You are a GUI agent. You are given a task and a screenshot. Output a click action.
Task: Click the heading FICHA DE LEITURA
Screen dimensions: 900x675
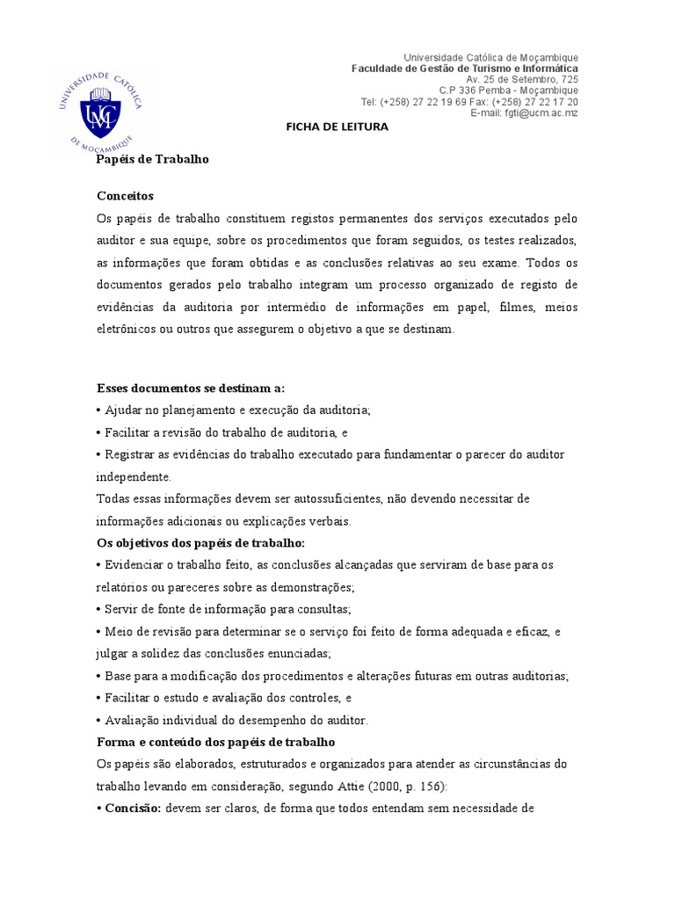(x=337, y=127)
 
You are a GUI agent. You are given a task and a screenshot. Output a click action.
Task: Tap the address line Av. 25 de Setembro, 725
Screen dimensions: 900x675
(x=522, y=79)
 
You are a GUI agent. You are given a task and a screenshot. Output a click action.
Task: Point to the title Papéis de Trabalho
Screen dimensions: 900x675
(x=152, y=159)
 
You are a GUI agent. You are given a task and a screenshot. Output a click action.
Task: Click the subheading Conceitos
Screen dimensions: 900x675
(x=125, y=195)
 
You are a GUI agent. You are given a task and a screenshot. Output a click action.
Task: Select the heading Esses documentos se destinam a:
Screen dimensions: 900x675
(x=190, y=388)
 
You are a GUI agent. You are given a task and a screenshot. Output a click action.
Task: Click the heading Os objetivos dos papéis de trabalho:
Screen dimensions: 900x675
(x=200, y=542)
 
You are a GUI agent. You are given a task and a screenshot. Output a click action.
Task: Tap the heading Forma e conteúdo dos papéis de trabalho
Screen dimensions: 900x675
(x=210, y=741)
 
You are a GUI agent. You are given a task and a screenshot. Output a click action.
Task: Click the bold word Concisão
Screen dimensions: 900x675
(x=132, y=808)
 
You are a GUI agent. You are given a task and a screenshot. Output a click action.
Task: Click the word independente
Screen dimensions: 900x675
(x=134, y=476)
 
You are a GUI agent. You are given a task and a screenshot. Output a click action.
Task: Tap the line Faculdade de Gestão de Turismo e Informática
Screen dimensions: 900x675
(x=465, y=68)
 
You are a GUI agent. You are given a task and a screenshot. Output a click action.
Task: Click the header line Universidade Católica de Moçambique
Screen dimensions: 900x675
(x=490, y=57)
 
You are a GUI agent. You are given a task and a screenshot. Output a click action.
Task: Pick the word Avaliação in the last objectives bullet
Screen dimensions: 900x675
(x=132, y=720)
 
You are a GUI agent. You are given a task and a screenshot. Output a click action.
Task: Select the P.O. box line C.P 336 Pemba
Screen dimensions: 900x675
(x=509, y=91)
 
